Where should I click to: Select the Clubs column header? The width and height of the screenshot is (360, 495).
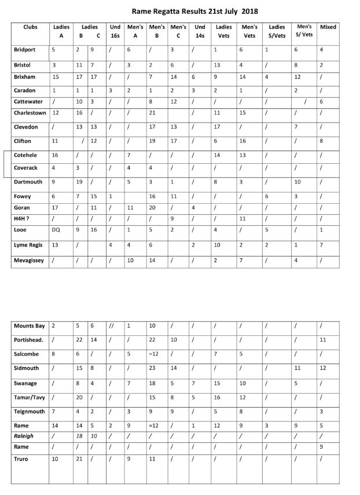pyautogui.click(x=31, y=27)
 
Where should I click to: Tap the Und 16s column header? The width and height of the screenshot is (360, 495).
pyautogui.click(x=116, y=31)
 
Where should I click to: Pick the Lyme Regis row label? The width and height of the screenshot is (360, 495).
pyautogui.click(x=29, y=245)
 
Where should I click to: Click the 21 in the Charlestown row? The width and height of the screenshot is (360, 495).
pyautogui.click(x=153, y=112)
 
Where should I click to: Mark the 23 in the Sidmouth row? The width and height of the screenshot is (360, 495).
pyautogui.click(x=153, y=368)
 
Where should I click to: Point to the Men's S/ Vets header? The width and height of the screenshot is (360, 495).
pyautogui.click(x=303, y=31)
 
